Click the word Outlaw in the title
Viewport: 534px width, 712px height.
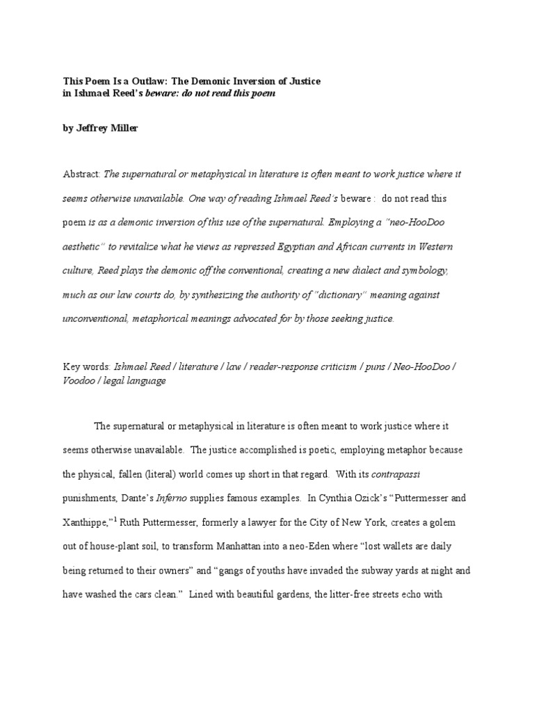(x=143, y=81)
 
